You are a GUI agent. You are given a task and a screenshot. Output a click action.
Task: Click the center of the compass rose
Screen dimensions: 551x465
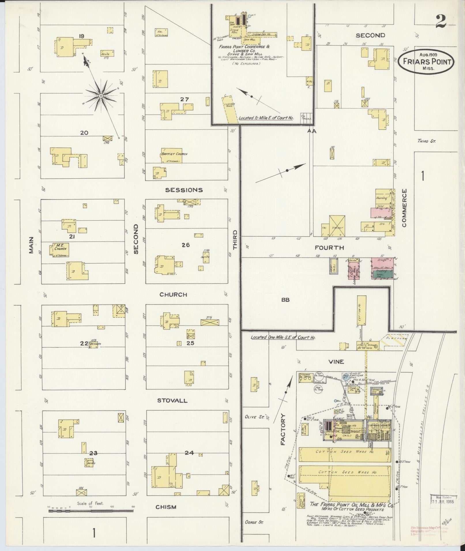click(101, 95)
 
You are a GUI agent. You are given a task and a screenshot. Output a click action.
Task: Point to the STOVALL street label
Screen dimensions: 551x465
click(172, 401)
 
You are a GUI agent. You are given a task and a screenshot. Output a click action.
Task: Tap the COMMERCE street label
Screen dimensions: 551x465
click(404, 208)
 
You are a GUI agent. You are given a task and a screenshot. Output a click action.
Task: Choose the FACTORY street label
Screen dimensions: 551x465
click(283, 430)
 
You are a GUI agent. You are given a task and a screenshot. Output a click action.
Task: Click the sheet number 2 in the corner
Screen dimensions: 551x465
click(441, 21)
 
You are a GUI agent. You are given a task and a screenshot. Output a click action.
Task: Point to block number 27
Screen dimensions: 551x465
click(185, 99)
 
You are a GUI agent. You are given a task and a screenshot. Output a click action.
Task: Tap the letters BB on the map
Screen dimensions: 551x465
click(285, 300)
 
